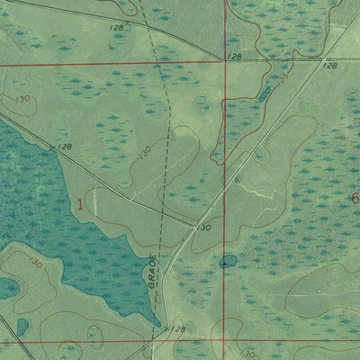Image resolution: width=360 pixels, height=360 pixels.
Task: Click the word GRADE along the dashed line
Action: pos(153,271)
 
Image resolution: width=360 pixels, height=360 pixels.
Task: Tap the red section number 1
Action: pos(80,204)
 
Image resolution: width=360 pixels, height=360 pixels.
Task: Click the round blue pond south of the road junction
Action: pos(228,262)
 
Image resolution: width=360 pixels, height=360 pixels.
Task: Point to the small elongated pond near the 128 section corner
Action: pos(265,94)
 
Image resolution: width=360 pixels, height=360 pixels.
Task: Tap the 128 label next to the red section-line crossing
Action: pos(235,57)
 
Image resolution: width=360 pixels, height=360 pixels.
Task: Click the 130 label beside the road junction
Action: pos(204,228)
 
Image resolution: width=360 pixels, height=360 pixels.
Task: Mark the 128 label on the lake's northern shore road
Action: pos(63,146)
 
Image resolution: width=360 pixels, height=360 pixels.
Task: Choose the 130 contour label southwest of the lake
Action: pos(35,262)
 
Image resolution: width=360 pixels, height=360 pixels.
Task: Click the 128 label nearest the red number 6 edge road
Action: pos(329,65)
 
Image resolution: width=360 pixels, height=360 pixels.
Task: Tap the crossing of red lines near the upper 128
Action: pos(224,62)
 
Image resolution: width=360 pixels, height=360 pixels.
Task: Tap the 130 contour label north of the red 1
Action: pos(145,153)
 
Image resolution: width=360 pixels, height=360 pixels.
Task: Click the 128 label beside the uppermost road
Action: pos(115,28)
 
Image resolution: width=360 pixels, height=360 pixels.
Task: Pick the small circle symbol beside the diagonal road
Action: pos(236,179)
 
